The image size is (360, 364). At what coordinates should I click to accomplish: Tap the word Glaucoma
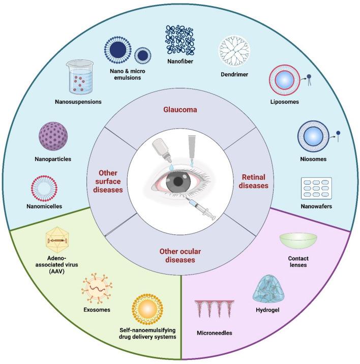(x=179, y=109)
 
